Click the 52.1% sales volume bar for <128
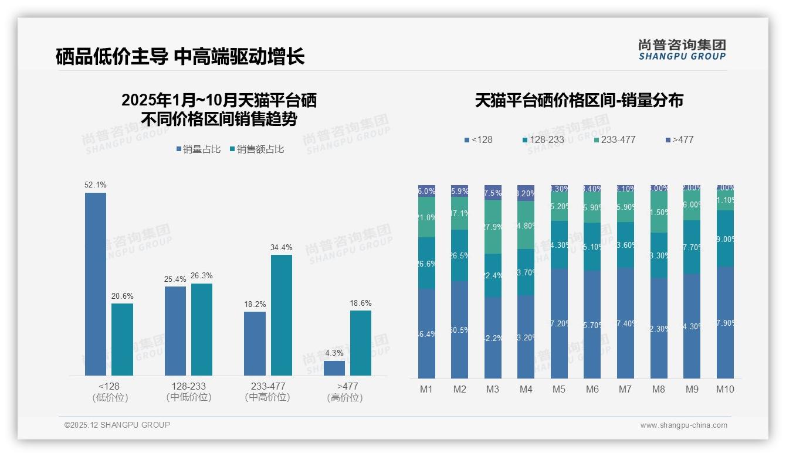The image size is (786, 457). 96,284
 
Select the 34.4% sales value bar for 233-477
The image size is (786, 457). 282,315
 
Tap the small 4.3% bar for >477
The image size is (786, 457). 334,368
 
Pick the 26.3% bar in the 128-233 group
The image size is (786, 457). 202,329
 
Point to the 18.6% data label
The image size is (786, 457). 361,303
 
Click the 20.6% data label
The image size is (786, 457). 122,296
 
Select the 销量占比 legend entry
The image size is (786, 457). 198,149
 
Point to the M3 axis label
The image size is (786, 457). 493,389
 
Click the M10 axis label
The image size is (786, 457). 725,389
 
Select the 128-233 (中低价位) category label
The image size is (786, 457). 188,391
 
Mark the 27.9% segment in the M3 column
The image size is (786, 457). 493,227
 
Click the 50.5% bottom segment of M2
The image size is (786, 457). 459,330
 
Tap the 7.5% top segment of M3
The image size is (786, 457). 493,193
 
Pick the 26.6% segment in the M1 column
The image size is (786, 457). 426,263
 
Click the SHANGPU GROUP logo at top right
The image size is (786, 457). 682,50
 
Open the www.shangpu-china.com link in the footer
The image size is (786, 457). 683,425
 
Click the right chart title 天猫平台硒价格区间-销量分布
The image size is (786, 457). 579,101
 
